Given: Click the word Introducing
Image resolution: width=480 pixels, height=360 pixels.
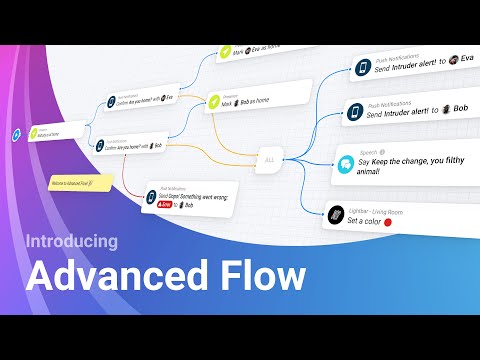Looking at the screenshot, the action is pyautogui.click(x=71, y=241).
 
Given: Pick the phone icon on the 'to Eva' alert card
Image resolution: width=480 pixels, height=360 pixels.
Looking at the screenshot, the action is pyautogui.click(x=363, y=69).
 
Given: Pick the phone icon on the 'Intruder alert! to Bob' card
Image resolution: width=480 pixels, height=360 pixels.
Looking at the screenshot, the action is pyautogui.click(x=356, y=112).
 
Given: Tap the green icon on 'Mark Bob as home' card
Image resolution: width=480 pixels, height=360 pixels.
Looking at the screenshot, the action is pyautogui.click(x=214, y=102).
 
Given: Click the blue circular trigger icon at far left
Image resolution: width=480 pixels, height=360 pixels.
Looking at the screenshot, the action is pyautogui.click(x=15, y=134).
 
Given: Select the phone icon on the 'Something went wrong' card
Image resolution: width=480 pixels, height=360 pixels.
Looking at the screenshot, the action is pyautogui.click(x=151, y=197).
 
